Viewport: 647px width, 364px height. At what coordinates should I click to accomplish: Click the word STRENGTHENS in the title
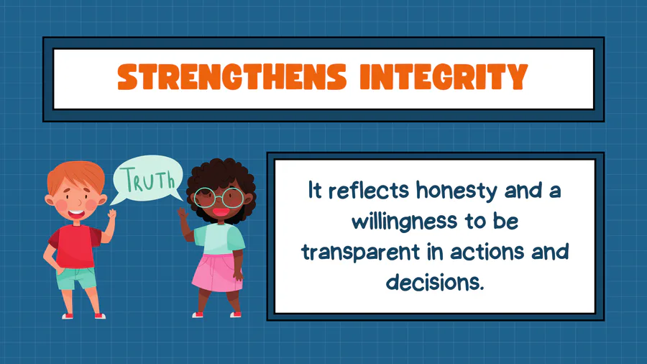pos(232,77)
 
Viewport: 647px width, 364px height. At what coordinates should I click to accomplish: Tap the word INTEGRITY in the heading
pos(444,77)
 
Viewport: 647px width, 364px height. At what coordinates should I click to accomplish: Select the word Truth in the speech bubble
pos(150,180)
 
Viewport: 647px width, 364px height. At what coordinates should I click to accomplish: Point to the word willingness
pos(404,222)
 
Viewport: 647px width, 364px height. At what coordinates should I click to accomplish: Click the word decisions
pos(434,282)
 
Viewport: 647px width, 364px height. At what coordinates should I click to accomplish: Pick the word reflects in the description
pos(369,191)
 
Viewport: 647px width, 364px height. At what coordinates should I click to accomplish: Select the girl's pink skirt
pos(216,273)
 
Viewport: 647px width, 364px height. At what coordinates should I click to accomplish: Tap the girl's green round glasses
pos(219,198)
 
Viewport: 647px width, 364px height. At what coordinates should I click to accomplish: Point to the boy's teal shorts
pos(76,278)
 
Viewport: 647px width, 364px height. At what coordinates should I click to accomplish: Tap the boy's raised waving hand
pos(112,214)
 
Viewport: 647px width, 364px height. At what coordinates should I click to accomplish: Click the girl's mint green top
pos(219,240)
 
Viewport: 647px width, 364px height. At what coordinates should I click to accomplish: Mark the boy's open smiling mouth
pos(76,214)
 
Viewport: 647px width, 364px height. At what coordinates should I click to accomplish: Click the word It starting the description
pos(315,190)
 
